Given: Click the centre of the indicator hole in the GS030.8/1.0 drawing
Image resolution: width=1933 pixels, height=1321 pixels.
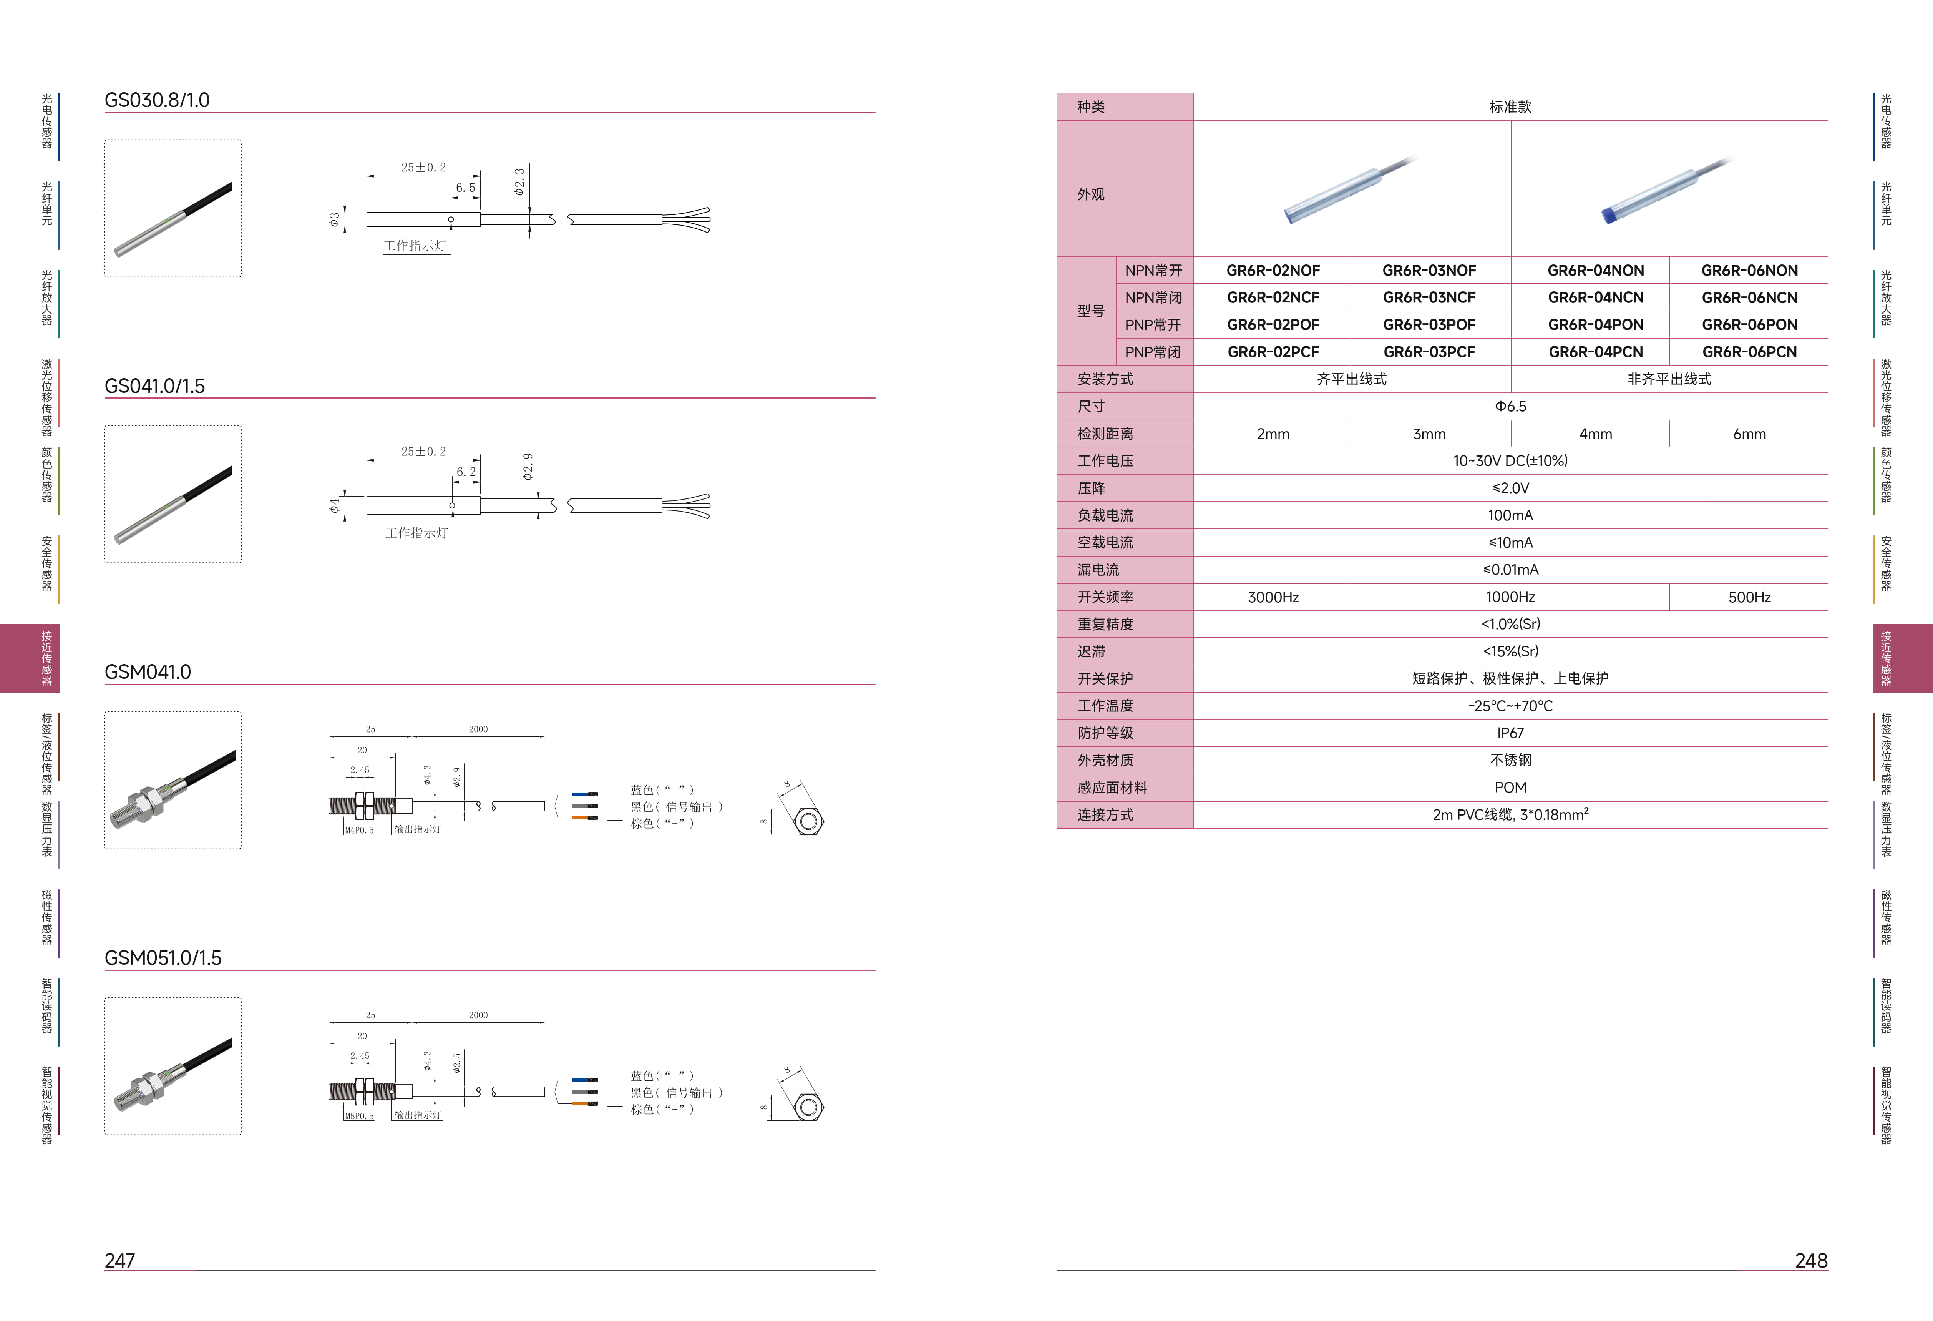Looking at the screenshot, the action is click(451, 219).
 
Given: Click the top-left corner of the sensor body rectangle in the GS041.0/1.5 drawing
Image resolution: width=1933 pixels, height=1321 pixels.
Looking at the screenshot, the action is click(367, 497).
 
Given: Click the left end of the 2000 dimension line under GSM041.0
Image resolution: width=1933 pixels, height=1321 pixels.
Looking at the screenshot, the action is click(413, 735).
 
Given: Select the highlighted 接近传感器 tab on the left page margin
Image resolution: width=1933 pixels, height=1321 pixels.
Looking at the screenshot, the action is click(30, 658).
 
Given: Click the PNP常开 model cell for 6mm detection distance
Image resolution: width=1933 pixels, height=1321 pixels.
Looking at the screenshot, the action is click(1749, 324).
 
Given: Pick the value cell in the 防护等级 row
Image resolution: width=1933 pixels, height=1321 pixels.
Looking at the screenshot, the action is click(1510, 733).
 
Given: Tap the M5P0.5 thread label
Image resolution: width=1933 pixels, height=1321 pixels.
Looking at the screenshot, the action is click(359, 1117).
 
